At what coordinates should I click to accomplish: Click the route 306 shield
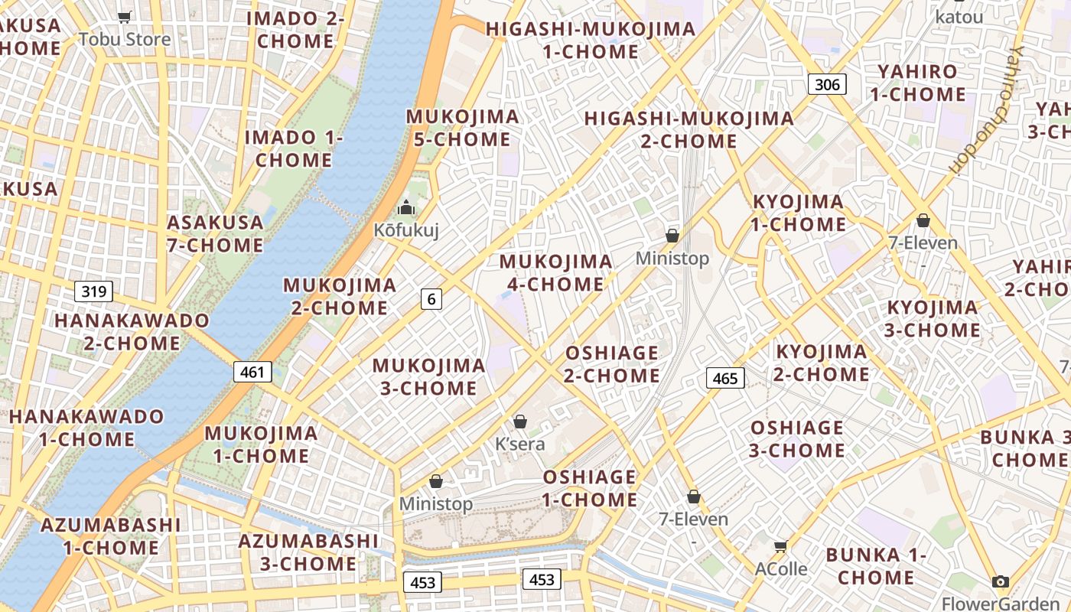click(828, 84)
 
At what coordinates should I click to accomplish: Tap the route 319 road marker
click(94, 291)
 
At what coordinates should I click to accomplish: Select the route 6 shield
click(431, 299)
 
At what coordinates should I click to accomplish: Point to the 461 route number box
click(252, 373)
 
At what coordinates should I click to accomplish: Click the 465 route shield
click(724, 378)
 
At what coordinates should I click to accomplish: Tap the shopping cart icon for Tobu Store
click(125, 17)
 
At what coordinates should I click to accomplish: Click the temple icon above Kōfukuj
click(405, 207)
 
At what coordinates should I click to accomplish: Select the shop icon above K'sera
click(520, 422)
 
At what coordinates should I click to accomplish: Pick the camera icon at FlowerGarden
click(1000, 582)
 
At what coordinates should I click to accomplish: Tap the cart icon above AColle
click(780, 546)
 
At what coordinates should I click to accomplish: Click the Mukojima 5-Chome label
click(462, 129)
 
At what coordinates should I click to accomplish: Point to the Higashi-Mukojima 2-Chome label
click(688, 130)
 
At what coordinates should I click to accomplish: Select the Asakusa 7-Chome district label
click(215, 234)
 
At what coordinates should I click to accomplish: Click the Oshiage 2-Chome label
click(612, 364)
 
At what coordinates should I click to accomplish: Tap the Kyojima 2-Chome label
click(822, 363)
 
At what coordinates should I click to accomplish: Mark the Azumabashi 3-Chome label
click(298, 552)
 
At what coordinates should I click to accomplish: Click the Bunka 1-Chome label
click(876, 565)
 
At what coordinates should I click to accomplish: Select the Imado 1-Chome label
click(294, 149)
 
